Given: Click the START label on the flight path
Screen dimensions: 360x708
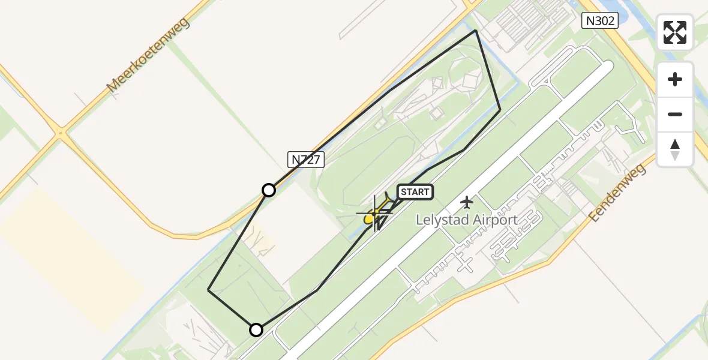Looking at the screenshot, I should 415,192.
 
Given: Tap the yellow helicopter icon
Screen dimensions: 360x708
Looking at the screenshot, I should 374,214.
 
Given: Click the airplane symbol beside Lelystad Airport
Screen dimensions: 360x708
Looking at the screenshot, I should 467,202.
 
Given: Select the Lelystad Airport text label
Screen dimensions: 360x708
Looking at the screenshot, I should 467,220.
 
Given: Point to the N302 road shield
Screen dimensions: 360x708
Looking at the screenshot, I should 599,21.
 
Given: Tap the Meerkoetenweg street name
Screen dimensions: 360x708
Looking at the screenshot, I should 148,55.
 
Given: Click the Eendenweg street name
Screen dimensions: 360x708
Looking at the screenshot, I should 617,192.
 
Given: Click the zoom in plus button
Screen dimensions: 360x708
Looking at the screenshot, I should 675,79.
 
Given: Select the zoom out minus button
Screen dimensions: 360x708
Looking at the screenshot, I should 675,114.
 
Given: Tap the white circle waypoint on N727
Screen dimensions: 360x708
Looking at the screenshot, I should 269,190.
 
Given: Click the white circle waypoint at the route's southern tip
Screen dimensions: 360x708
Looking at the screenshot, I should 256,330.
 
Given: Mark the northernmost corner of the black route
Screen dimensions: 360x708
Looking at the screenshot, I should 476,30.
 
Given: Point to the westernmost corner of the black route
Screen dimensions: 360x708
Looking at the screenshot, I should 208,290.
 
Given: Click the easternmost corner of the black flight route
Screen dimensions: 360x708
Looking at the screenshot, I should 500,110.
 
